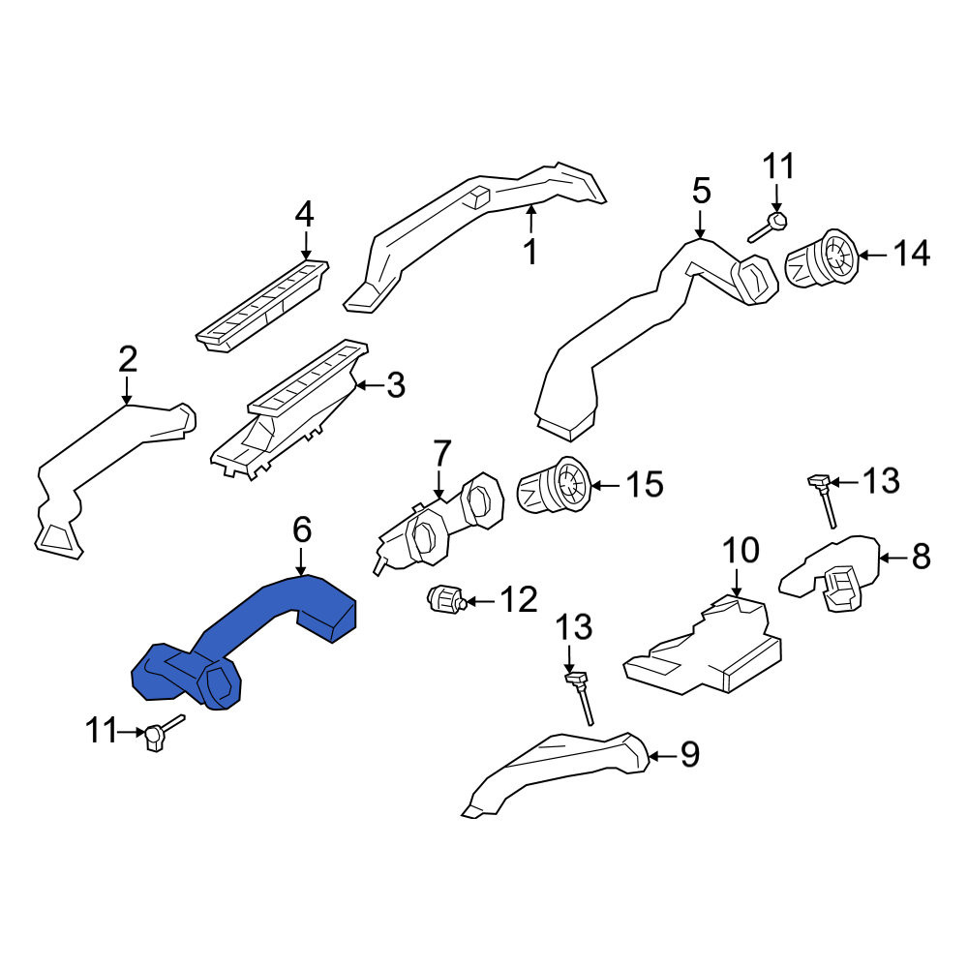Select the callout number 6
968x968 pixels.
click(x=302, y=530)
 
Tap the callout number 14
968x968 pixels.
click(x=912, y=254)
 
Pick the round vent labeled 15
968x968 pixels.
click(x=554, y=485)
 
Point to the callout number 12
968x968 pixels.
click(x=519, y=599)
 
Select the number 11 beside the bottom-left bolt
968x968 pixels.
click(x=101, y=731)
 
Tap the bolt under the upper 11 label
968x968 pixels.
click(x=768, y=228)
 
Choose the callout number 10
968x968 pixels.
click(x=741, y=550)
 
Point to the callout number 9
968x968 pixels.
click(x=690, y=754)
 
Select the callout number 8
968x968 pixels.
click(x=922, y=557)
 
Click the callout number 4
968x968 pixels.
click(x=304, y=215)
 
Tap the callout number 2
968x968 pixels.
click(x=127, y=359)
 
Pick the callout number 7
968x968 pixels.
click(x=442, y=454)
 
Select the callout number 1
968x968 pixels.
click(x=530, y=253)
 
